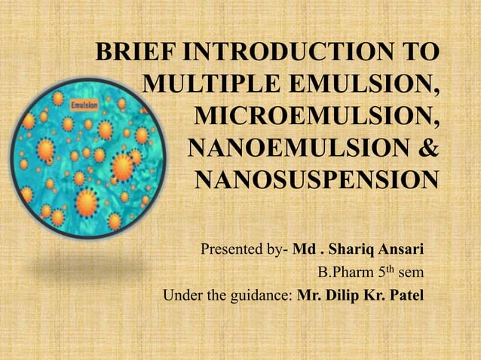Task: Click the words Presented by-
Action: [x=244, y=249]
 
